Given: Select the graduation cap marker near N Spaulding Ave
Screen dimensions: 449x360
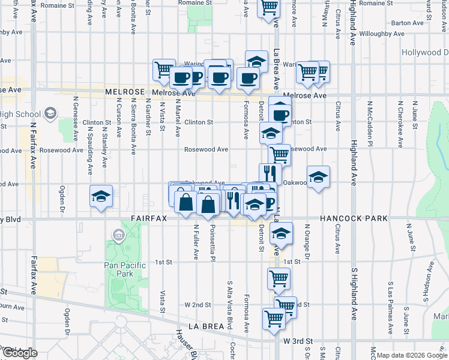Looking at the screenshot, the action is (x=101, y=196).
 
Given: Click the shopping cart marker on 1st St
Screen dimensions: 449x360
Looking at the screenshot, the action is (x=279, y=278).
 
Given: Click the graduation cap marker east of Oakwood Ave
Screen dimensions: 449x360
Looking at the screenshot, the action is (x=318, y=178).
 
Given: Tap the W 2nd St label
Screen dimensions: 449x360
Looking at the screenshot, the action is (x=199, y=305).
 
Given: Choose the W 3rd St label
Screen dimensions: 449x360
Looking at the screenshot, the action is (x=298, y=341).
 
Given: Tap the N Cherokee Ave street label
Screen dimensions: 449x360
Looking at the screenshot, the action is (x=400, y=124).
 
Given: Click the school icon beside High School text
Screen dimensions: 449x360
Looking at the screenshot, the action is (x=50, y=114).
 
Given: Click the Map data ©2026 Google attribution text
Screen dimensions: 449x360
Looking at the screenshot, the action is (x=412, y=355).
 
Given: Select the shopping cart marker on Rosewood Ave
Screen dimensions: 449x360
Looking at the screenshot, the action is (x=280, y=154).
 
